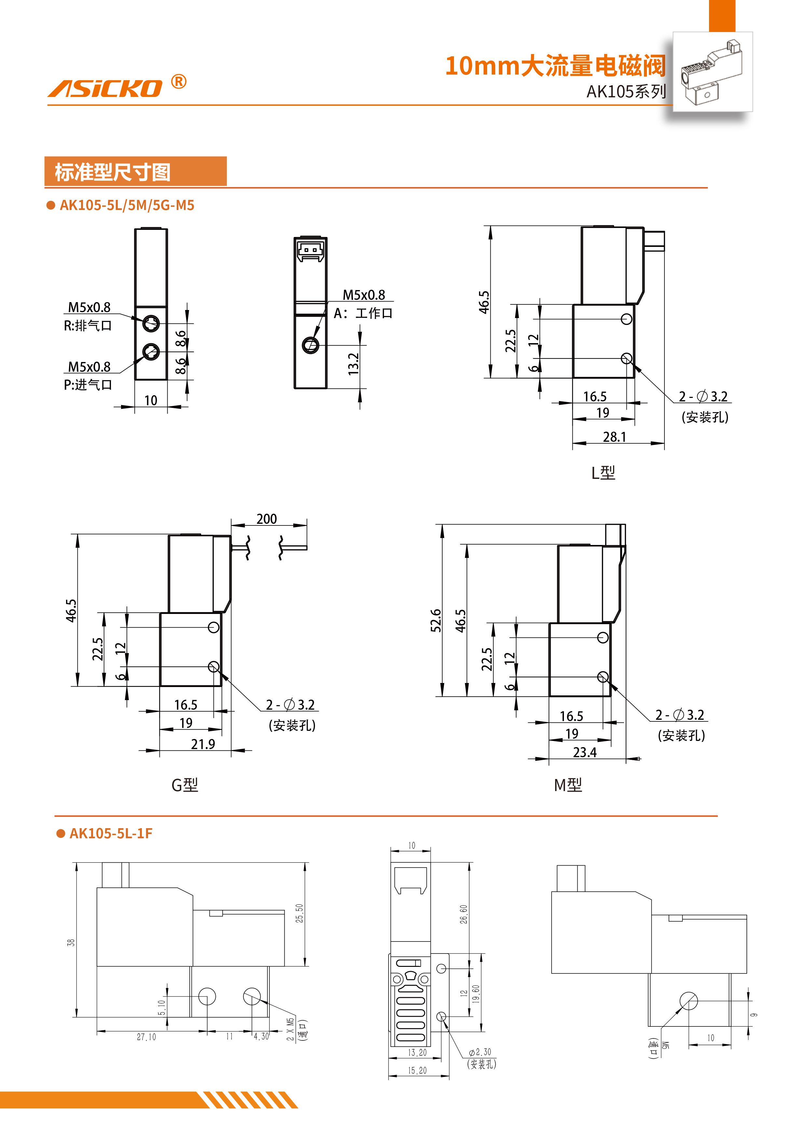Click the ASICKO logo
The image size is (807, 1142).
pos(105,88)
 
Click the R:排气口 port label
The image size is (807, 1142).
pos(88,326)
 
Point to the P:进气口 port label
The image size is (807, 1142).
pos(88,384)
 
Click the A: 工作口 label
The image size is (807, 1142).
pos(363,313)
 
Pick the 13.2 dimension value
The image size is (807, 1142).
pos(353,364)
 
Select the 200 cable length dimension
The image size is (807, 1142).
pos(267,519)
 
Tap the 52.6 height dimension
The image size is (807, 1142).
pos(436,620)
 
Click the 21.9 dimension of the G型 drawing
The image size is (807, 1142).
pos(203,744)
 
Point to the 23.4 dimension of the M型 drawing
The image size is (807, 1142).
pos(585,752)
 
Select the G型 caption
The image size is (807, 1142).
pos(185,785)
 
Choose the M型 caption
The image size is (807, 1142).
pos(568,785)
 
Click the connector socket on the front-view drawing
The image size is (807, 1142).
pos(310,250)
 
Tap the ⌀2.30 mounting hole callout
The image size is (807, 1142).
pos(480,1052)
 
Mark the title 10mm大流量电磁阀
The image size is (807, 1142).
pos(555,66)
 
